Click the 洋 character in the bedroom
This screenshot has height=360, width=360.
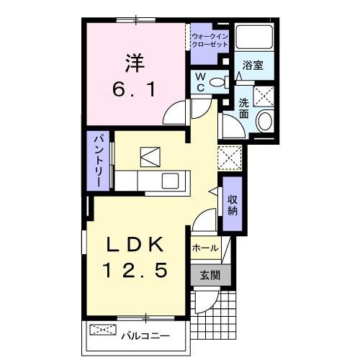coord(136,64)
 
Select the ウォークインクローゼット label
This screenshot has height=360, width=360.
coord(210,40)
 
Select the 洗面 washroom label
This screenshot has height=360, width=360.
coord(244,107)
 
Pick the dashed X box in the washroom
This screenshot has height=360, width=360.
coord(264,94)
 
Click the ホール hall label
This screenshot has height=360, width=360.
coord(205,248)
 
